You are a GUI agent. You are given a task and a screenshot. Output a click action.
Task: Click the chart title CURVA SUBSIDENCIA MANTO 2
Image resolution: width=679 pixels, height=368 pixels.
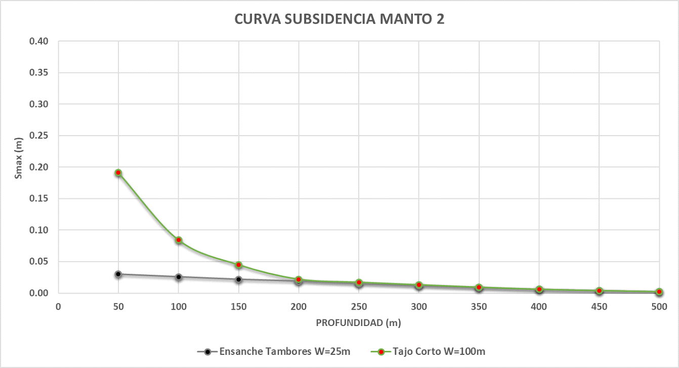coord(339,19)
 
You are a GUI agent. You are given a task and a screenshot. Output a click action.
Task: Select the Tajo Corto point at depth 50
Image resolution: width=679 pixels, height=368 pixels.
coord(118,173)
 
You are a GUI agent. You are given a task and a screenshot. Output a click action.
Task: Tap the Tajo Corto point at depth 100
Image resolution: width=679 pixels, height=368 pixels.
coord(179,240)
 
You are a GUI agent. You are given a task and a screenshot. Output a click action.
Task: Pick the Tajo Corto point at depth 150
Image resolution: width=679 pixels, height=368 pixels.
coord(239,265)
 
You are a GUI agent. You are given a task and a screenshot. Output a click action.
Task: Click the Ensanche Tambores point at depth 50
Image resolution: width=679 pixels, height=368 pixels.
coord(118,274)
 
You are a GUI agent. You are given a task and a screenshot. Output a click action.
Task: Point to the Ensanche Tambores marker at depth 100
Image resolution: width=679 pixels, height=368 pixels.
coord(179,277)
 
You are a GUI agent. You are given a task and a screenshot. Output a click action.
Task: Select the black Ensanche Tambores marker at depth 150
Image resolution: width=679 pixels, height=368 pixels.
coord(239,279)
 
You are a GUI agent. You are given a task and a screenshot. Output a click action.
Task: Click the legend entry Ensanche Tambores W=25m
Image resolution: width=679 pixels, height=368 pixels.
coord(280,351)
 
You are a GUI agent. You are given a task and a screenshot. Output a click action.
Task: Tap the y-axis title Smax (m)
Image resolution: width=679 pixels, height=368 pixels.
coord(19,167)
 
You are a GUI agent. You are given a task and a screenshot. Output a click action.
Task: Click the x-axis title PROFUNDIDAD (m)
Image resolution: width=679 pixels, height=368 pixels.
coord(359,322)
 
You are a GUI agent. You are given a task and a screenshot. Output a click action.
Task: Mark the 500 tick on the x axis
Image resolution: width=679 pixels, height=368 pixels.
coord(659,306)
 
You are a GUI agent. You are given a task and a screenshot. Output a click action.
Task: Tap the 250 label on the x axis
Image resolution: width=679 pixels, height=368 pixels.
coord(359,306)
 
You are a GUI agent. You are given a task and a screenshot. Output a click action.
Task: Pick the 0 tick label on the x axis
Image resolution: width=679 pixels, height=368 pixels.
coord(58,306)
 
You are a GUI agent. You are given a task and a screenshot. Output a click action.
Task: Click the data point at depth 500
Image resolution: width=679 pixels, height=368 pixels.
coord(659,292)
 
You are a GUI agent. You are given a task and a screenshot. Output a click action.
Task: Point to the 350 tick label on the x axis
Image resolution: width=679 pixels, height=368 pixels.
coord(479,306)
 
